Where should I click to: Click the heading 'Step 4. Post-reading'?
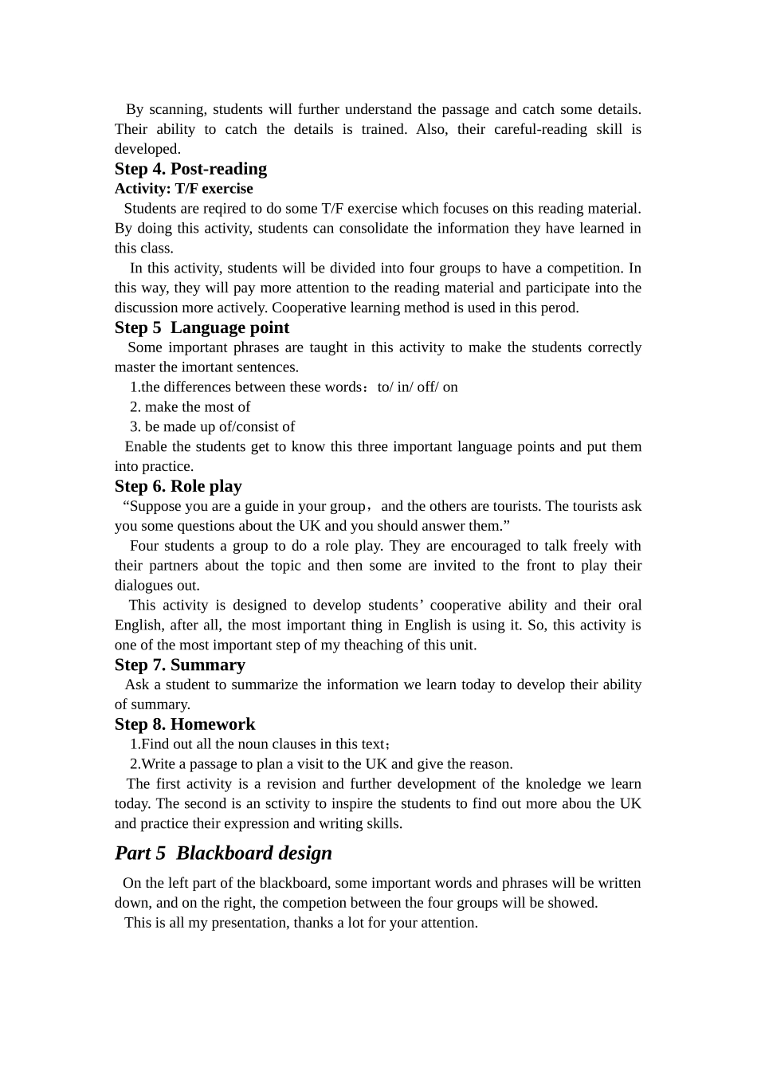[190, 169]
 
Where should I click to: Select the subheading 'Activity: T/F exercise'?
[183, 189]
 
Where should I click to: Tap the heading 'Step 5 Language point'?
[202, 328]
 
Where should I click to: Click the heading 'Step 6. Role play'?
[178, 486]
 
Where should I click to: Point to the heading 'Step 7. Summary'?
[179, 665]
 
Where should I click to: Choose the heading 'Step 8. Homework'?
[185, 724]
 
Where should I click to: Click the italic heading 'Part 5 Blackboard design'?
[223, 853]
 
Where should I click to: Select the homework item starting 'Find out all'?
[260, 744]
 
